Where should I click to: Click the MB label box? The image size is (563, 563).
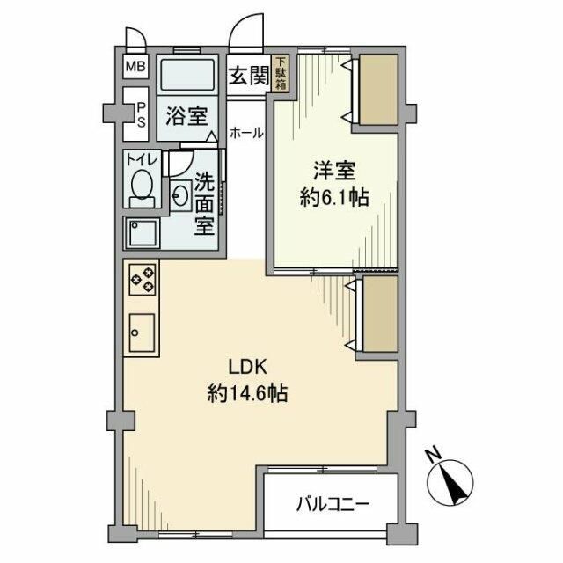pyautogui.click(x=135, y=67)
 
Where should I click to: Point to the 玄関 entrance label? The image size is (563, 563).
pyautogui.click(x=249, y=76)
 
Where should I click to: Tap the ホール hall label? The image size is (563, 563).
pyautogui.click(x=245, y=133)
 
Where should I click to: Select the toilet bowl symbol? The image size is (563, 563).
pyautogui.click(x=141, y=186)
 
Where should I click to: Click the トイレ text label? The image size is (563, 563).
pyautogui.click(x=140, y=160)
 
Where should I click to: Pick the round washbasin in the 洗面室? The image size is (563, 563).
pyautogui.click(x=181, y=195)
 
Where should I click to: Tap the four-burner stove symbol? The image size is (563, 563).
pyautogui.click(x=142, y=280)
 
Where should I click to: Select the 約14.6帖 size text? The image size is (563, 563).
pyautogui.click(x=248, y=394)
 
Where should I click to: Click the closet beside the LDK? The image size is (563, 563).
pyautogui.click(x=380, y=315)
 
